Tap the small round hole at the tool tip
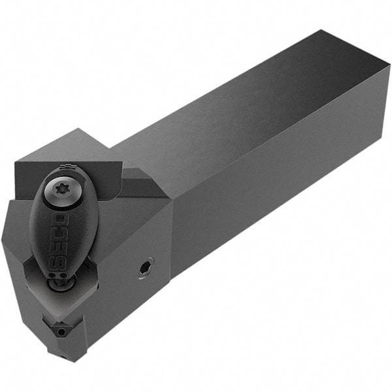pos(61,332)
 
